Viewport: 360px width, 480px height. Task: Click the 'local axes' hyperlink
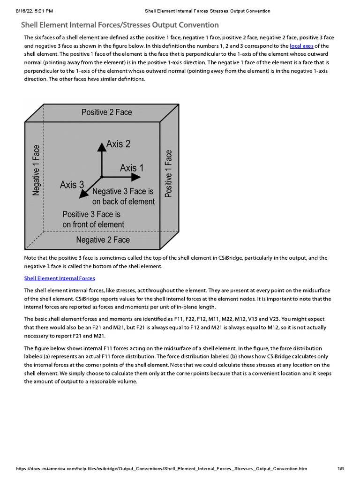pyautogui.click(x=302, y=46)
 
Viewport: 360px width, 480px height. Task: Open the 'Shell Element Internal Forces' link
pyautogui.click(x=60, y=278)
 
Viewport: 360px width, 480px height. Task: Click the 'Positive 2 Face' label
pyautogui.click(x=106, y=112)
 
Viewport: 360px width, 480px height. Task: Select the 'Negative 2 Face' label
pyautogui.click(x=103, y=240)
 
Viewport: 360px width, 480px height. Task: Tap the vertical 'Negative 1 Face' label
pyautogui.click(x=36, y=170)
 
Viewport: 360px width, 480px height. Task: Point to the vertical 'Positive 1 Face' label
pyautogui.click(x=169, y=173)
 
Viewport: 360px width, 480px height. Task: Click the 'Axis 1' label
pyautogui.click(x=132, y=168)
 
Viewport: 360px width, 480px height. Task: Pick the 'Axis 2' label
pyautogui.click(x=118, y=144)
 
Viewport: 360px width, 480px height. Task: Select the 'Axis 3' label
pyautogui.click(x=72, y=185)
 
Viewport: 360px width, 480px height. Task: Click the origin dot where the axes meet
pyautogui.click(x=101, y=177)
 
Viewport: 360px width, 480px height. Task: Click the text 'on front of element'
pyautogui.click(x=93, y=224)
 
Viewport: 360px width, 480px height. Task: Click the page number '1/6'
pyautogui.click(x=341, y=469)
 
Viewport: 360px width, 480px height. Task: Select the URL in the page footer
pyautogui.click(x=161, y=469)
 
